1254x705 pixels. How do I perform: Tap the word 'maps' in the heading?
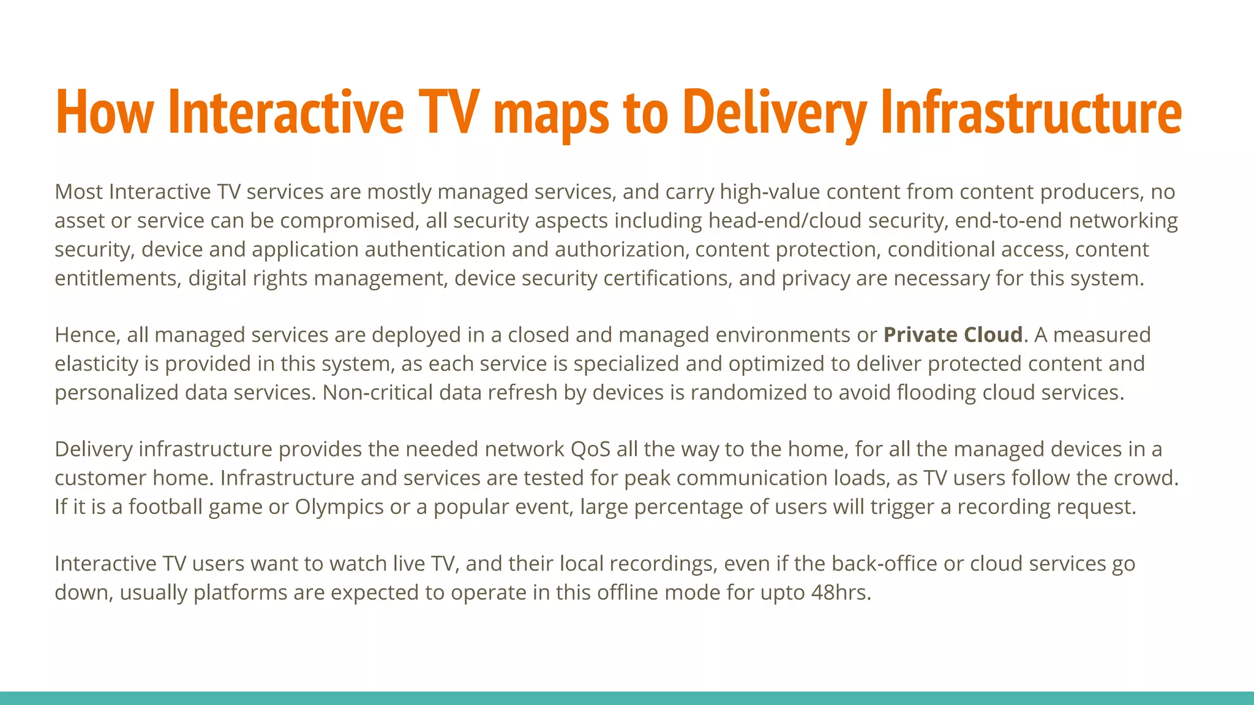click(550, 113)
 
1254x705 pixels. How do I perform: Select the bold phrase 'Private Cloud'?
click(953, 335)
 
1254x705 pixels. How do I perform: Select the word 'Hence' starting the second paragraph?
click(88, 335)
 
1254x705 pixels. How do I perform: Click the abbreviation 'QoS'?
click(590, 449)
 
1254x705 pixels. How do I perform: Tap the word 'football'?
click(165, 507)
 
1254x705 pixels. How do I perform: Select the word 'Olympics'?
click(339, 507)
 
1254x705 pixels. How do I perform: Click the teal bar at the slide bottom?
click(627, 698)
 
